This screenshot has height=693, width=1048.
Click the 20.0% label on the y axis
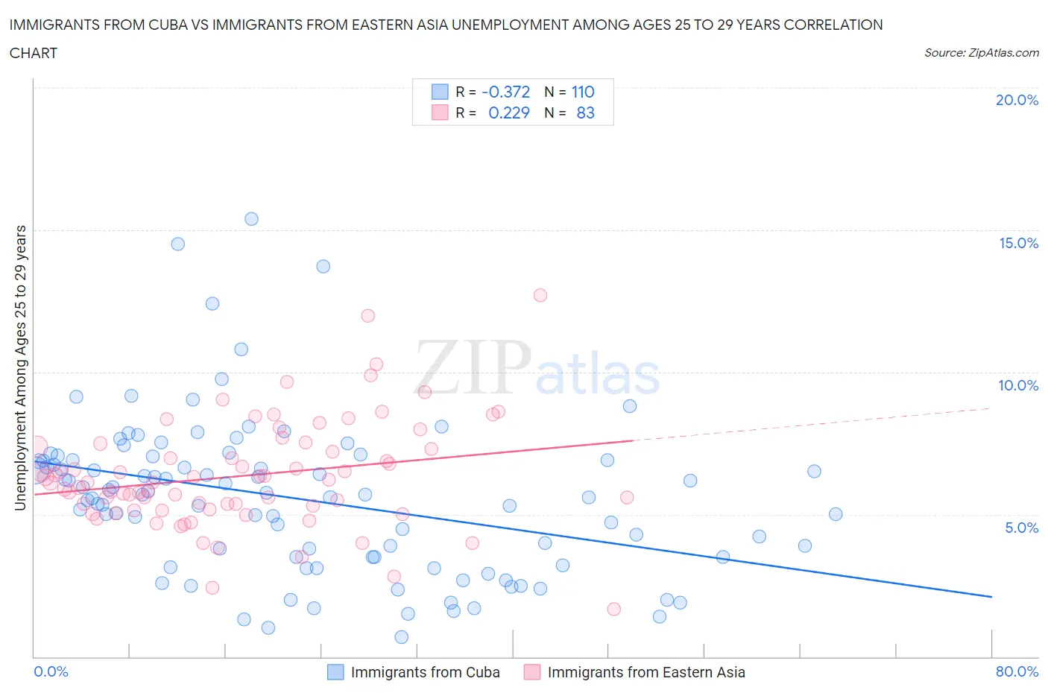tap(1017, 100)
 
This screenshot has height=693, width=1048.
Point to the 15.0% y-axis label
tap(1018, 243)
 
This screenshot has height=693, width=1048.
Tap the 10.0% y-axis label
tap(1018, 385)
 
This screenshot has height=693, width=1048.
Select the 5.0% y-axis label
tap(1021, 528)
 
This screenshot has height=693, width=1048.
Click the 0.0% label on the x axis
tap(51, 671)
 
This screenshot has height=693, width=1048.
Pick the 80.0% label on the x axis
tap(1017, 671)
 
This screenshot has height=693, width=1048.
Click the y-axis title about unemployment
tap(20, 367)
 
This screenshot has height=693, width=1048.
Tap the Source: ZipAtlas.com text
tap(981, 53)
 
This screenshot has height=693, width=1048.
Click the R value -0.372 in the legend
tap(505, 92)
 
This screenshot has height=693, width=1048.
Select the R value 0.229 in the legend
tap(508, 113)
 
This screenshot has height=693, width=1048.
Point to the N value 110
tap(582, 92)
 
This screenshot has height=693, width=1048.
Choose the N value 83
tap(585, 113)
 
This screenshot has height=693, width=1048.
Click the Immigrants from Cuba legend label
tap(425, 672)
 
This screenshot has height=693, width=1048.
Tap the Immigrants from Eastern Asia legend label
tap(645, 672)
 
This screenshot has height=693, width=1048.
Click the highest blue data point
tap(251, 218)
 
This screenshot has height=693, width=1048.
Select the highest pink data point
tap(540, 295)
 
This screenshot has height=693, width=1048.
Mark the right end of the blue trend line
tap(991, 597)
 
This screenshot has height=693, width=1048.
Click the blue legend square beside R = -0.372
tap(440, 92)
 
